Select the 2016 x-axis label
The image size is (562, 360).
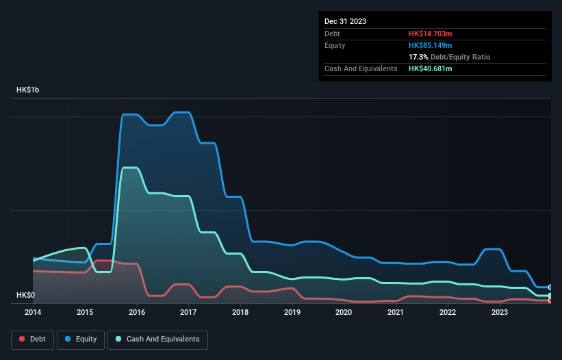point(136,313)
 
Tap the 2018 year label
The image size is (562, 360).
point(240,313)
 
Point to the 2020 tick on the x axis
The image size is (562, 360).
point(344,313)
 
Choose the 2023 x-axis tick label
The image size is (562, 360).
point(499,313)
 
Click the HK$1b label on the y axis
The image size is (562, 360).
point(28,90)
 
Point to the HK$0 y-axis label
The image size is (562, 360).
point(25,296)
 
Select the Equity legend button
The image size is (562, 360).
point(81,339)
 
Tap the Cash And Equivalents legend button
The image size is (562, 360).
point(157,339)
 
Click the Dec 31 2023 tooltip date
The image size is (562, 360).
point(345,21)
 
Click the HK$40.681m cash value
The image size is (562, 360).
point(431,68)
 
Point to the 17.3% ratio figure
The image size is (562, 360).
point(418,57)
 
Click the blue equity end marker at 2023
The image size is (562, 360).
point(550,287)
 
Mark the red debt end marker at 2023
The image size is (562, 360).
point(550,300)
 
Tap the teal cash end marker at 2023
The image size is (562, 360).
point(550,296)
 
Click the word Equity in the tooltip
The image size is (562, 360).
point(335,45)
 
